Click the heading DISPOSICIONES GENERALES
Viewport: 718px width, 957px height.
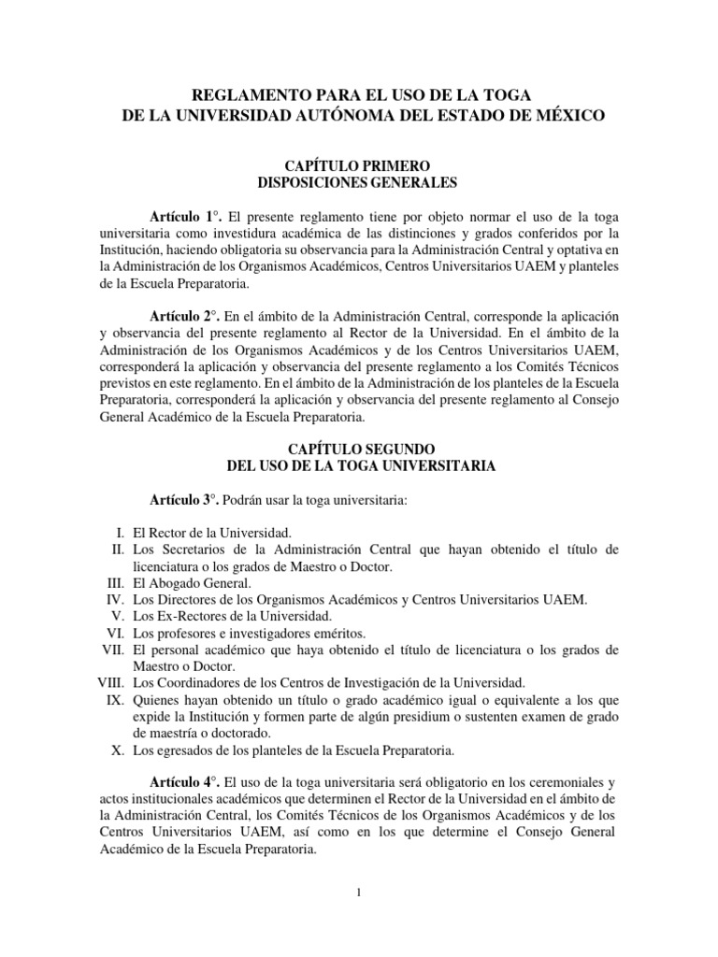[x=359, y=183]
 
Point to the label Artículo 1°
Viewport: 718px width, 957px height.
[x=183, y=215]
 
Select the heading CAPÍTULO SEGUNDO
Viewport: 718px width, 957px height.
[x=359, y=449]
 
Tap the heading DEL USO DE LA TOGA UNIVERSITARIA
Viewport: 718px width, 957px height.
[x=359, y=465]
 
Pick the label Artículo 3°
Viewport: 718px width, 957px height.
[x=183, y=500]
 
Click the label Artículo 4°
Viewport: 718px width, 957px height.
[x=183, y=781]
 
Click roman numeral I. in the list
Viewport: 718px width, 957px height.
[x=122, y=533]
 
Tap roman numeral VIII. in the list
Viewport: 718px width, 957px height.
[x=112, y=683]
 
